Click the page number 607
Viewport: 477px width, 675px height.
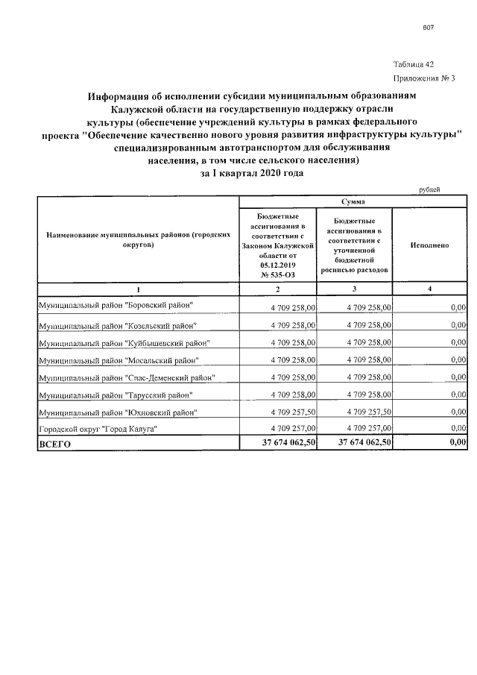428,28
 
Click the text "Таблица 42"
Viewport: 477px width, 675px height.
413,65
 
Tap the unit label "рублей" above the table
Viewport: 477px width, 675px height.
431,189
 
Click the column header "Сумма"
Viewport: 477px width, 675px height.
353,201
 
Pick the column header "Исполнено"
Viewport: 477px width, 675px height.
429,245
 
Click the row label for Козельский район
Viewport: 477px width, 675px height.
117,325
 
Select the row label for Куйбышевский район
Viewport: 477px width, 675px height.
124,343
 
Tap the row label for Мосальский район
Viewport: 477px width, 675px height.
118,361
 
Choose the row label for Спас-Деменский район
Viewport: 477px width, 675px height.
127,378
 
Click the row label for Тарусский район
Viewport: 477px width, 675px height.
116,395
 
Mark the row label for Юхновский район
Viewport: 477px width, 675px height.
117,412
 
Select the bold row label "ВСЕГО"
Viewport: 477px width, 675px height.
54,444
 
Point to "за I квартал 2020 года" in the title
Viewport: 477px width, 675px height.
252,172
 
